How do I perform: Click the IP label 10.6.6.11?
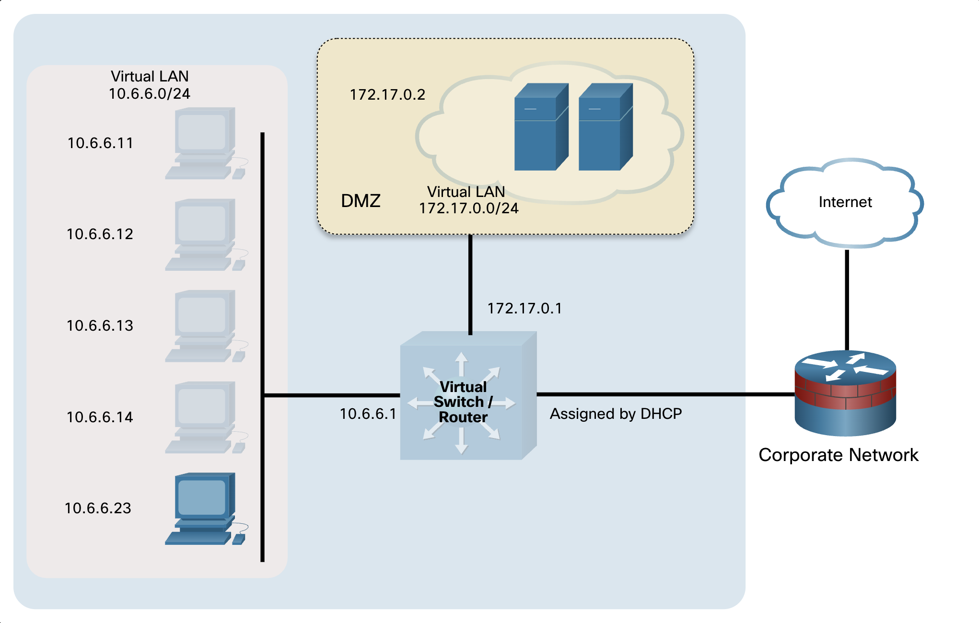pyautogui.click(x=100, y=143)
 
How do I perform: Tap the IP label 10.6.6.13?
pyautogui.click(x=100, y=326)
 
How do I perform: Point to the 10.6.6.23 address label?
pyautogui.click(x=98, y=508)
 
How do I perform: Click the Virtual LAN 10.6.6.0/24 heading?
pyautogui.click(x=150, y=85)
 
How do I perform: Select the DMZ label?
pyautogui.click(x=361, y=201)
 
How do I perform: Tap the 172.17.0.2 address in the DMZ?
pyautogui.click(x=387, y=95)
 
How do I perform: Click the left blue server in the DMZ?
pyautogui.click(x=541, y=127)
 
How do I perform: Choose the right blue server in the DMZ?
pyautogui.click(x=606, y=127)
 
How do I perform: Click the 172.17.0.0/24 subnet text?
pyautogui.click(x=469, y=208)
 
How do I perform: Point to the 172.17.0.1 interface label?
pyautogui.click(x=524, y=309)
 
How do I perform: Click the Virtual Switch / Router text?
pyautogui.click(x=463, y=402)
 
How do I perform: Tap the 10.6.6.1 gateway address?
pyautogui.click(x=368, y=414)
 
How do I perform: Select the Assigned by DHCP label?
pyautogui.click(x=616, y=414)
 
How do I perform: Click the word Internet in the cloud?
pyautogui.click(x=845, y=202)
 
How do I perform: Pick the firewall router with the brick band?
pyautogui.click(x=845, y=393)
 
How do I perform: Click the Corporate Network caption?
pyautogui.click(x=839, y=455)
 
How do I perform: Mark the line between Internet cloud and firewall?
pyautogui.click(x=847, y=300)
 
